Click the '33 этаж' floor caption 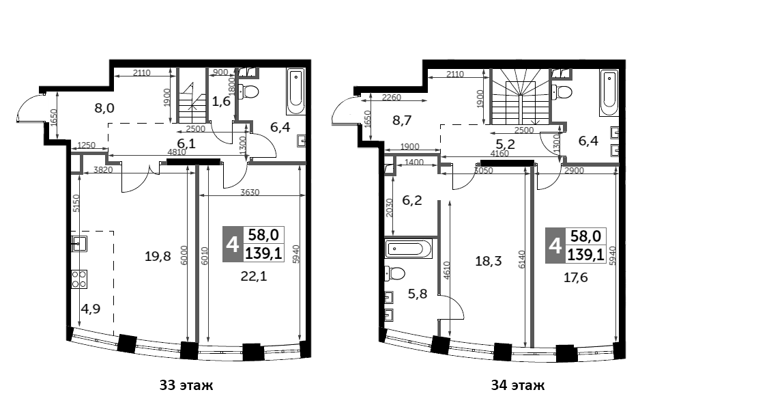point(186,385)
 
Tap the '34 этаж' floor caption point(518,385)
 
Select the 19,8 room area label point(158,255)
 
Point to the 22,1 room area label point(254,277)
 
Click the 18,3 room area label point(489,261)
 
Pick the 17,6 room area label point(575,278)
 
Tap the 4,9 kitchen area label point(91,309)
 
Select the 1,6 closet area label point(221,102)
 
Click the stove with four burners point(79,279)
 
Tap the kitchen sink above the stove point(79,244)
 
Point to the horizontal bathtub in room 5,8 point(409,249)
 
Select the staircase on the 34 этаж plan point(520,100)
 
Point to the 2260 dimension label point(391,97)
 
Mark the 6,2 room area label point(412,200)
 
